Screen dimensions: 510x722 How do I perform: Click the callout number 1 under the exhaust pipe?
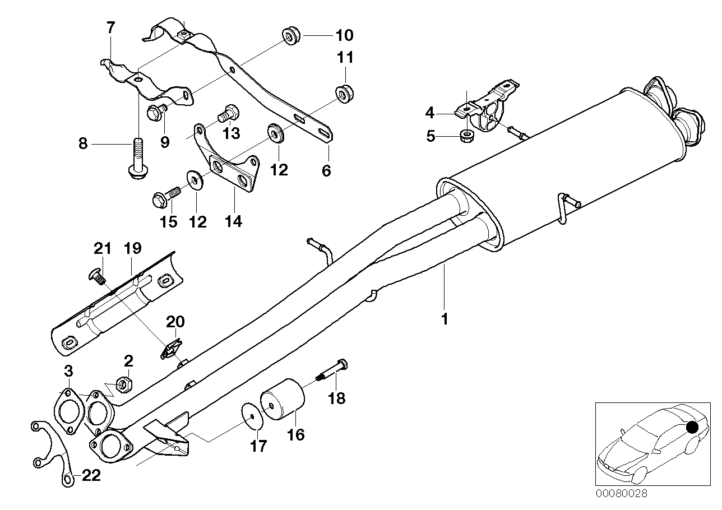(444, 319)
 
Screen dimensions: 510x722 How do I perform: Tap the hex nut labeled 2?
(124, 384)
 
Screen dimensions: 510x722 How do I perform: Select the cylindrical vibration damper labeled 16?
(284, 400)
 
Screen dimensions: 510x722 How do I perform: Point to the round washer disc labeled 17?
(251, 414)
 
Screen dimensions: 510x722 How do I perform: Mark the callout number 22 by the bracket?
(91, 476)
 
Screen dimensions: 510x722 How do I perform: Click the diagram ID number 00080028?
(621, 494)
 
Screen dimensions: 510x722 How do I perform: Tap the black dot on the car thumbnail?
(692, 427)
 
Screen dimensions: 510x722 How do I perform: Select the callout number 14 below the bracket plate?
(233, 221)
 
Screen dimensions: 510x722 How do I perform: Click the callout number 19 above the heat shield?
(133, 248)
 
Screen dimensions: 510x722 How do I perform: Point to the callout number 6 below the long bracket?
(326, 170)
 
